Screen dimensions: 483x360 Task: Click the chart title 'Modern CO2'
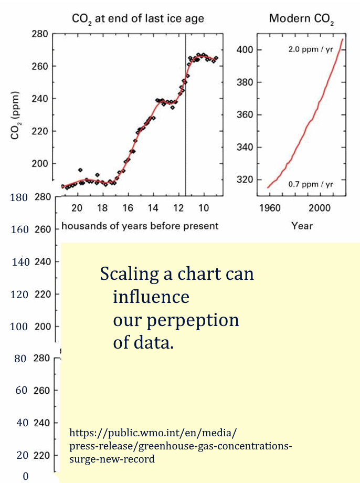click(x=302, y=19)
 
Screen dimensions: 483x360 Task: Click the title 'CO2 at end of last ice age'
click(x=138, y=19)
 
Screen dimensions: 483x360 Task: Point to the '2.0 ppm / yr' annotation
click(x=310, y=49)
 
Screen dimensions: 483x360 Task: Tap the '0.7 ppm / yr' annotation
click(x=310, y=184)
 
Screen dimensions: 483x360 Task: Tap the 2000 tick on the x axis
click(x=320, y=208)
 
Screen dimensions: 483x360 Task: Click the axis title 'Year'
click(x=302, y=226)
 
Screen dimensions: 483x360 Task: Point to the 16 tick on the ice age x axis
click(x=128, y=208)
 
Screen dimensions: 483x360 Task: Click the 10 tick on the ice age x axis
click(x=204, y=208)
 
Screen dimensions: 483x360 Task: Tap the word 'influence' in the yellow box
click(x=151, y=297)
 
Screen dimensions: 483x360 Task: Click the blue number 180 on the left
click(x=19, y=197)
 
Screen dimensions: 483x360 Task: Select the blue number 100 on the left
click(x=19, y=327)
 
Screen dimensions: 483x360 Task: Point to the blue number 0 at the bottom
click(x=25, y=476)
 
